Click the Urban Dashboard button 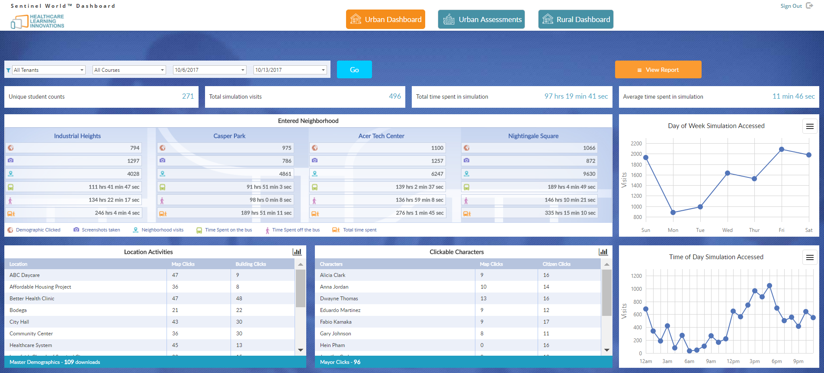click(385, 19)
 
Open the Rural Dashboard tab click(576, 19)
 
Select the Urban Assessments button click(481, 19)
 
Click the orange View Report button click(658, 70)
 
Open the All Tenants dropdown click(48, 70)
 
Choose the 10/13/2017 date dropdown click(290, 70)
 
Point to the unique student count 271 click(188, 96)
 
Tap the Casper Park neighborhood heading click(229, 136)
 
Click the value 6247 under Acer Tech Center click(437, 174)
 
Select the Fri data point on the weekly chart click(782, 149)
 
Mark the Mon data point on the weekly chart click(673, 212)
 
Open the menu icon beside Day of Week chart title click(810, 126)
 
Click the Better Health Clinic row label click(32, 299)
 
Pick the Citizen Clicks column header click(556, 264)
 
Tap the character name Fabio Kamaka click(336, 322)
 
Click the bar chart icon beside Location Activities click(297, 252)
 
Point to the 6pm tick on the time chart click(776, 361)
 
